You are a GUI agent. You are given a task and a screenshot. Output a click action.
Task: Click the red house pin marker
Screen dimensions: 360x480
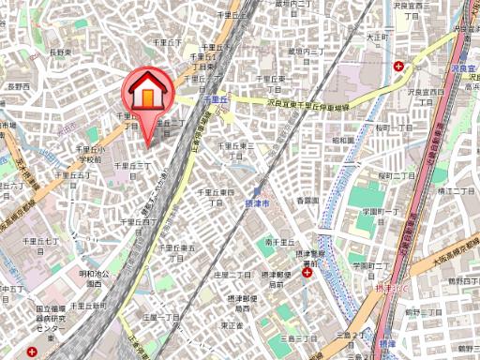[146, 95]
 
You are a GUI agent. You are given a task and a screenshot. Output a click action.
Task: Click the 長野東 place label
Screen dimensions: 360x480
[60, 52]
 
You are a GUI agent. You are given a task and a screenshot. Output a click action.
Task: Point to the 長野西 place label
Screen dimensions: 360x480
[19, 86]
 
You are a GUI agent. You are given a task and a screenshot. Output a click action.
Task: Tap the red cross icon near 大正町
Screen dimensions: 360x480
[400, 67]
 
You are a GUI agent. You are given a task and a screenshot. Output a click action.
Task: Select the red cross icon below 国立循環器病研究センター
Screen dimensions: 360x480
[34, 352]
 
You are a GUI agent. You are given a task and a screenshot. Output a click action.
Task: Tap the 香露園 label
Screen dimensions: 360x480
[308, 201]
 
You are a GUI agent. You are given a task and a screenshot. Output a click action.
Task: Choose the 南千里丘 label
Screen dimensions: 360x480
[280, 242]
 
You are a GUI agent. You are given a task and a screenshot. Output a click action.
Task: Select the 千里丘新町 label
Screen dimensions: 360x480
[85, 306]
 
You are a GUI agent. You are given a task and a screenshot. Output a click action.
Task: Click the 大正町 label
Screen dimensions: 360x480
[377, 37]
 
